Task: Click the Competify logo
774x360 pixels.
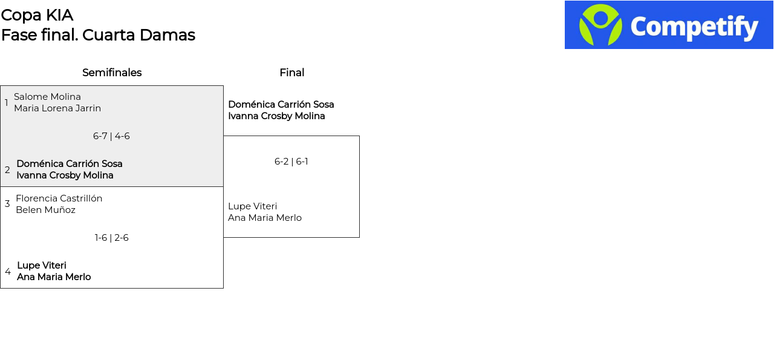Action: click(669, 25)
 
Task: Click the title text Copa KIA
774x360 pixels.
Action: click(37, 15)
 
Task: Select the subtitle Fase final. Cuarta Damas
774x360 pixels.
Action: click(98, 35)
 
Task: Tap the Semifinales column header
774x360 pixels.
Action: click(112, 73)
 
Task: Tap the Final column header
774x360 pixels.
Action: click(291, 73)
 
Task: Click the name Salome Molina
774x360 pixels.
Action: click(47, 97)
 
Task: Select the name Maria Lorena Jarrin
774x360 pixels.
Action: click(57, 108)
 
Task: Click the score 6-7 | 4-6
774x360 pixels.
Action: click(111, 136)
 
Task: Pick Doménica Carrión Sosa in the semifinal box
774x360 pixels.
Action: click(70, 164)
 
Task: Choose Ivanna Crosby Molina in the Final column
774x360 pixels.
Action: click(276, 116)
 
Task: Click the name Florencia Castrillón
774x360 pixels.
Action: click(59, 198)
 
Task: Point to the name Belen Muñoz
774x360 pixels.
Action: click(45, 210)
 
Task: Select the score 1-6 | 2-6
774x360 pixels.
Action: click(111, 238)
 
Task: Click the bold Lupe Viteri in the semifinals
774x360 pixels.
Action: click(42, 266)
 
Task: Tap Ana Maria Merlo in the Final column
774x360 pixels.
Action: click(265, 218)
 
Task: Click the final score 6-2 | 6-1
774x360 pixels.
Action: click(291, 162)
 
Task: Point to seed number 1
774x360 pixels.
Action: click(7, 103)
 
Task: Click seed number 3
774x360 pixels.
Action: click(7, 204)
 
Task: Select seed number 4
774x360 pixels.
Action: click(8, 272)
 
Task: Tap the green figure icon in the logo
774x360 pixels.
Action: click(600, 25)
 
